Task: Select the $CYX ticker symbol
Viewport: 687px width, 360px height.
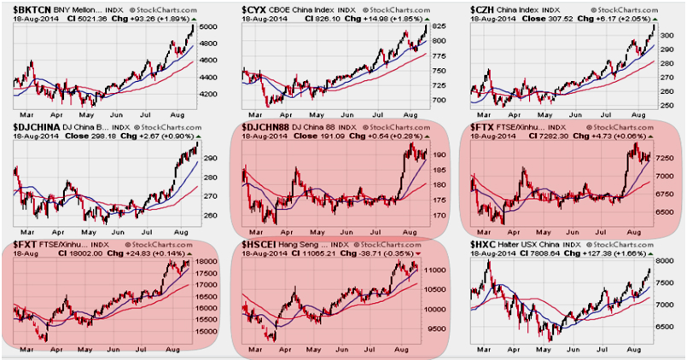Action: (258, 9)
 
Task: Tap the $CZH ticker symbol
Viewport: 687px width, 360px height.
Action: (486, 9)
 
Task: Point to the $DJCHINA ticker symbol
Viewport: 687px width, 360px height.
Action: (38, 127)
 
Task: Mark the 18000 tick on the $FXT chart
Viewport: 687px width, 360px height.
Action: (207, 262)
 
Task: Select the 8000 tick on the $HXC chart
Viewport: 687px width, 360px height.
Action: (666, 261)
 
